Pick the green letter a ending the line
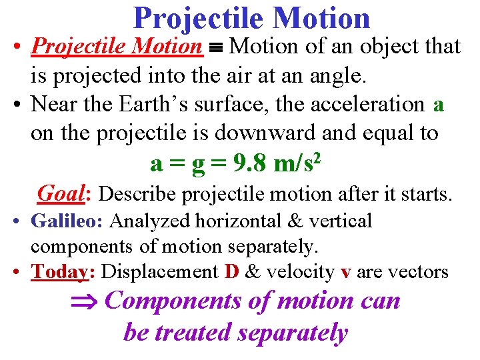point(438,105)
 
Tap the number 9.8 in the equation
point(248,163)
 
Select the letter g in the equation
point(198,164)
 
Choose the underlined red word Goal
point(65,194)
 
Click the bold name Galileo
point(68,221)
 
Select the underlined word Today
point(63,272)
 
